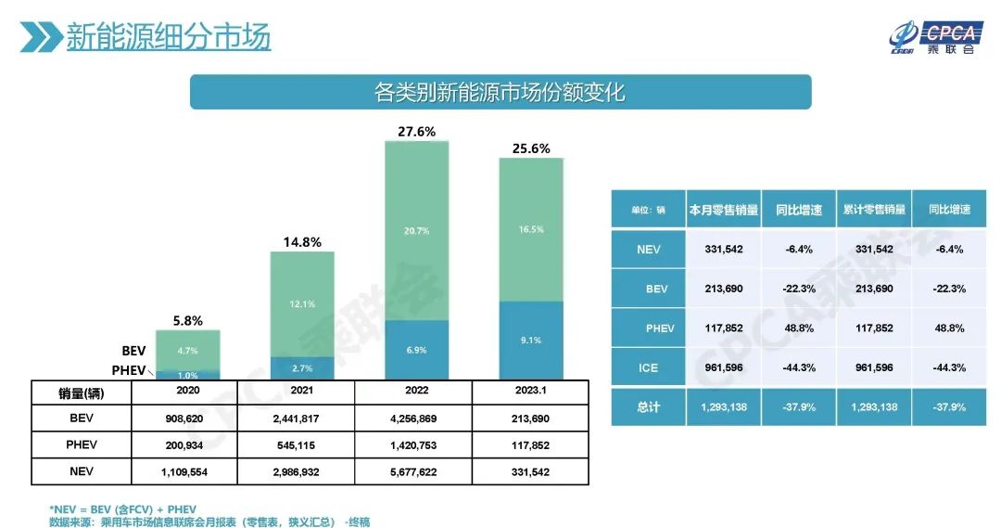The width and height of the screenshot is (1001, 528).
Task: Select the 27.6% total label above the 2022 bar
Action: pos(416,132)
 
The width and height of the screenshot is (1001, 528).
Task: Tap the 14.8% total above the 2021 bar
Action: pos(302,242)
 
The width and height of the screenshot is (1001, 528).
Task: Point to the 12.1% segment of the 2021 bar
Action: pos(302,303)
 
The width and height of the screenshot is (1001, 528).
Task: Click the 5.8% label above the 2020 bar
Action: pos(188,321)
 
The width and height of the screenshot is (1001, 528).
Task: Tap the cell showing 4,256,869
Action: pos(416,419)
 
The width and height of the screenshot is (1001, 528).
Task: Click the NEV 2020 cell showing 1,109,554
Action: pos(188,471)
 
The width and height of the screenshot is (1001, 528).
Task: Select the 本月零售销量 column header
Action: pos(724,210)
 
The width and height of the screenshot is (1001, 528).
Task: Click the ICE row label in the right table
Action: pos(648,367)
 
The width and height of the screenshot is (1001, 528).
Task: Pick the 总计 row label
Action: pos(648,407)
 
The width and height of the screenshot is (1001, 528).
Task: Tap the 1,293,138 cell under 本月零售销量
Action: pos(724,407)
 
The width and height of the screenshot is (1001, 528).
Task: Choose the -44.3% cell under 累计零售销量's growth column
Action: pos(950,367)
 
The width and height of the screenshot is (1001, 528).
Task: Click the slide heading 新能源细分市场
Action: pos(168,37)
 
